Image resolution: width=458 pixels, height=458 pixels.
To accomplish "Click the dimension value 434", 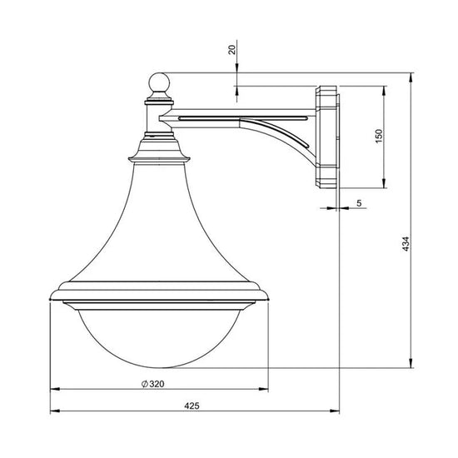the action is (406, 244).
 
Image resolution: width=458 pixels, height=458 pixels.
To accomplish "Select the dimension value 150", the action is (378, 136).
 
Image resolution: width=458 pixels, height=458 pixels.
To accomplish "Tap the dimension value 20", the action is (232, 50).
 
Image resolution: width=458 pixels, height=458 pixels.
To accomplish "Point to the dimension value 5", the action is (359, 202).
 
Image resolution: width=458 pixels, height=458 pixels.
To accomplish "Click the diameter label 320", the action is (157, 384).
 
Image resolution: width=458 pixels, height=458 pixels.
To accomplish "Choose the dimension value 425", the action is (192, 406).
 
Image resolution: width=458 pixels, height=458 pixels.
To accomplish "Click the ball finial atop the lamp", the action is (159, 82).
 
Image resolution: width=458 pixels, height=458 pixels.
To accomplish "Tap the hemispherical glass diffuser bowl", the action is (160, 339).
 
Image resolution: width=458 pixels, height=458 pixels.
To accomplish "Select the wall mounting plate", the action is (328, 137).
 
